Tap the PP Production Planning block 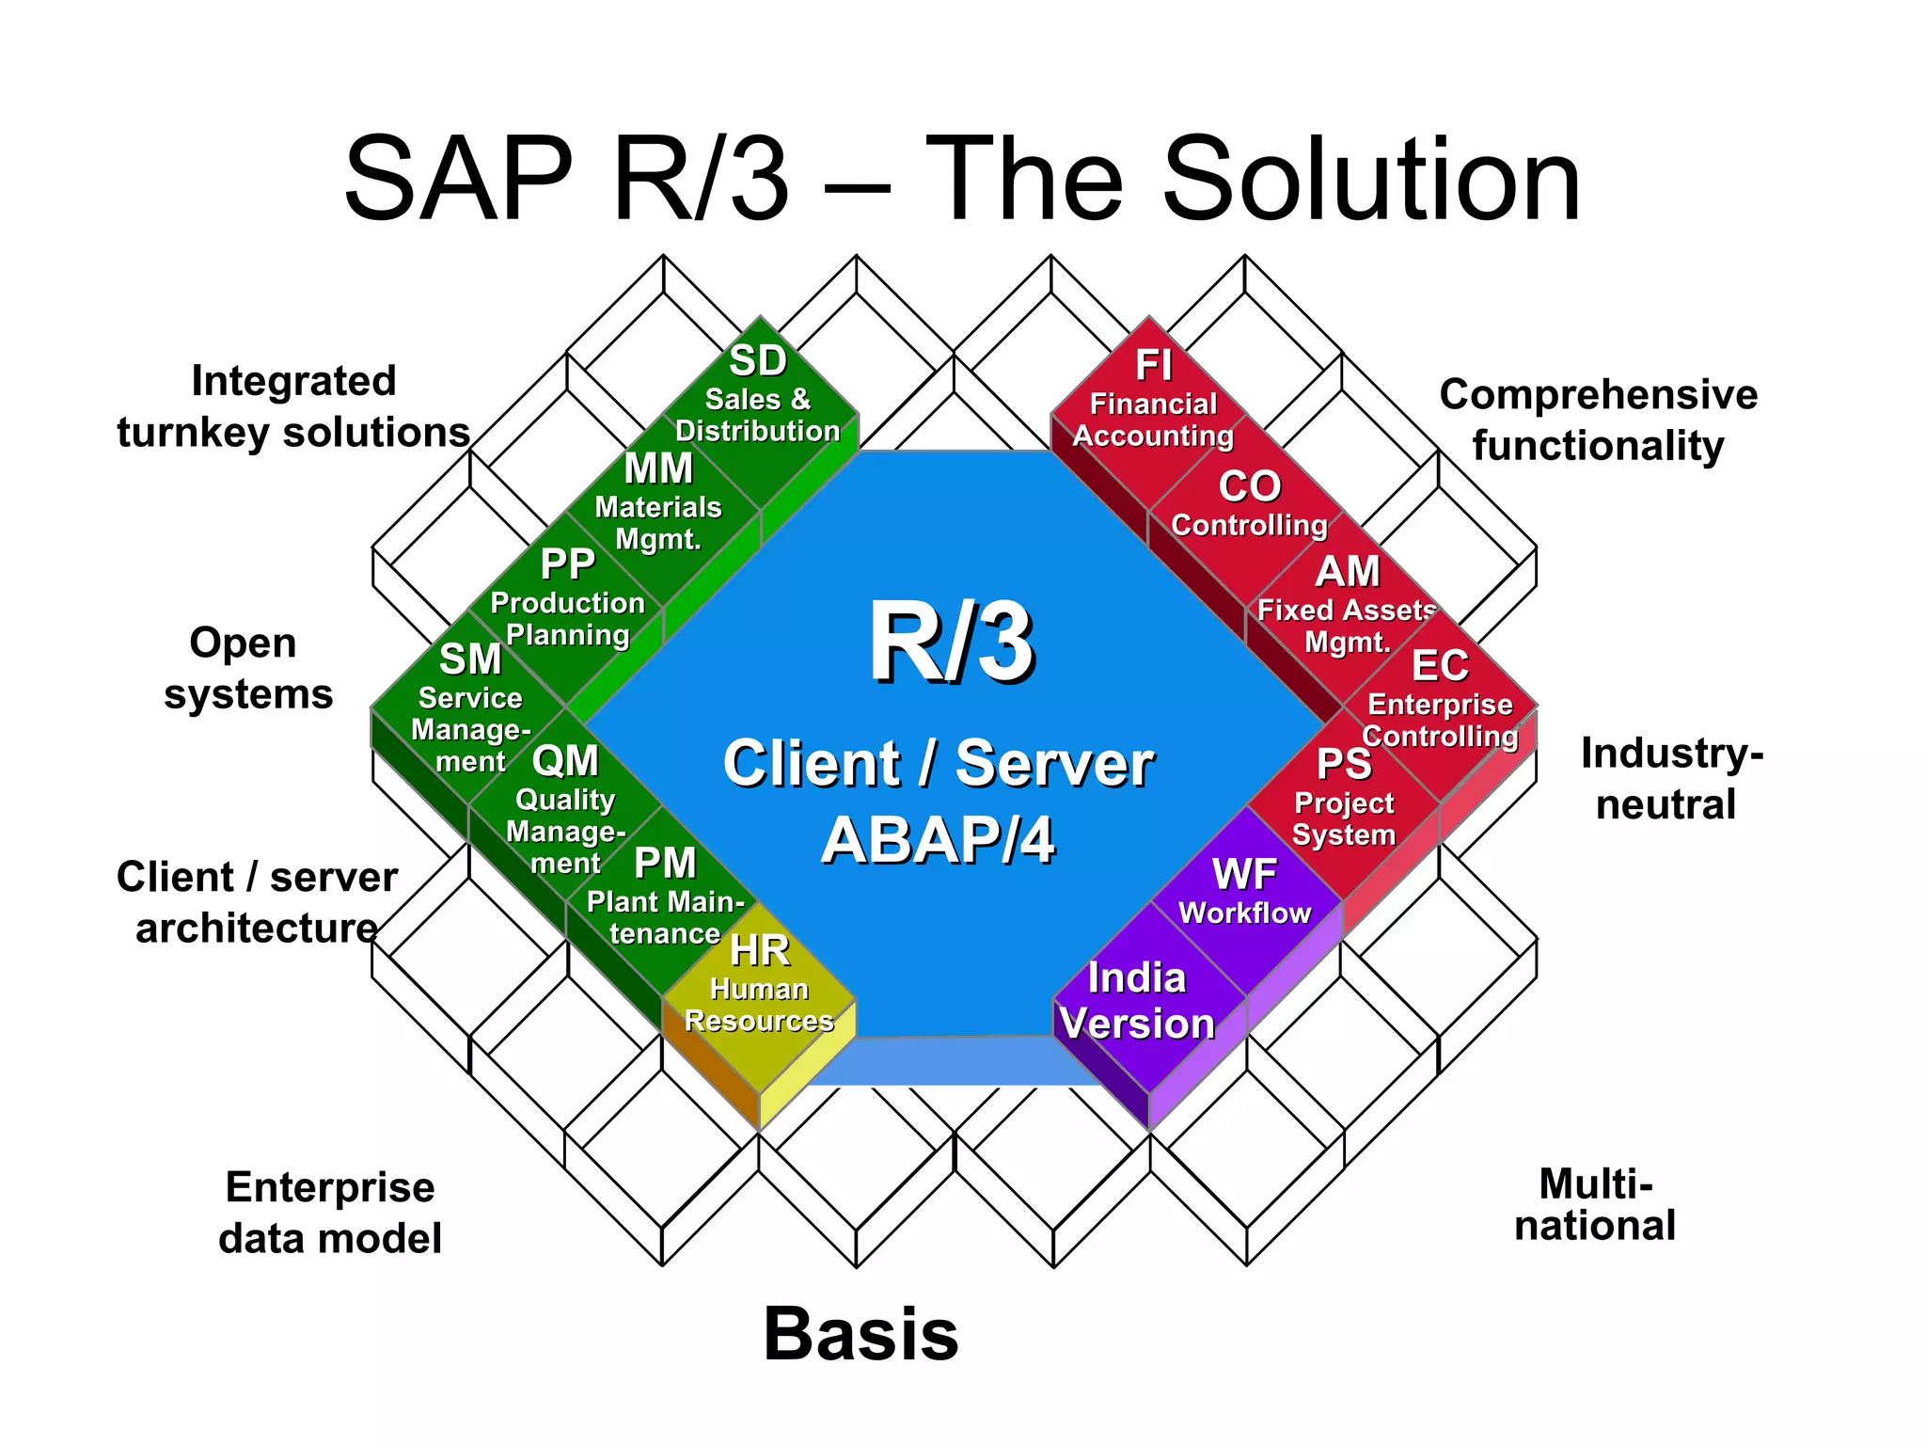[x=567, y=602]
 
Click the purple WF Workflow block [x=1245, y=894]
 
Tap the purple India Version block [x=1138, y=1002]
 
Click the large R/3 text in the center [x=951, y=644]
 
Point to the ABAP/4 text [x=938, y=839]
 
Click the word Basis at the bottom [x=860, y=1334]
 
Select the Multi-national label [x=1595, y=1205]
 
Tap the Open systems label [x=247, y=668]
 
